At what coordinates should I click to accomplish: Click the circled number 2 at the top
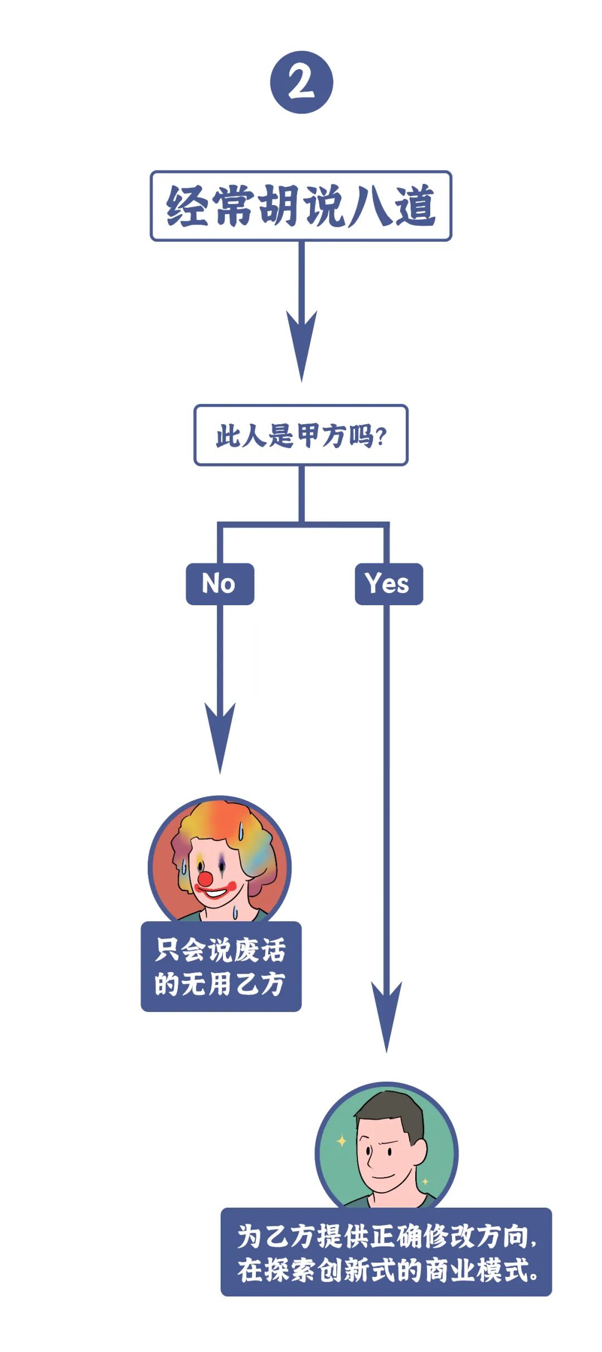point(302,82)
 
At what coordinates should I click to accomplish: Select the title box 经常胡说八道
point(301,206)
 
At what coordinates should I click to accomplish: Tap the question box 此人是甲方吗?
point(301,435)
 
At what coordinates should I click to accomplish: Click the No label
point(220,584)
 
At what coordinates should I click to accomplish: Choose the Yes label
point(389,584)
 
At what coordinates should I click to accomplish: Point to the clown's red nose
point(205,879)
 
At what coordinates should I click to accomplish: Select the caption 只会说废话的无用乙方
point(221,967)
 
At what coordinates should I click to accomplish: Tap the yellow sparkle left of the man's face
point(341,1141)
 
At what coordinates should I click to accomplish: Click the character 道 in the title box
point(415,206)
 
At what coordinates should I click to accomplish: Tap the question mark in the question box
point(382,436)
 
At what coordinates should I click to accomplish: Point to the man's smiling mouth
point(383,1176)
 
